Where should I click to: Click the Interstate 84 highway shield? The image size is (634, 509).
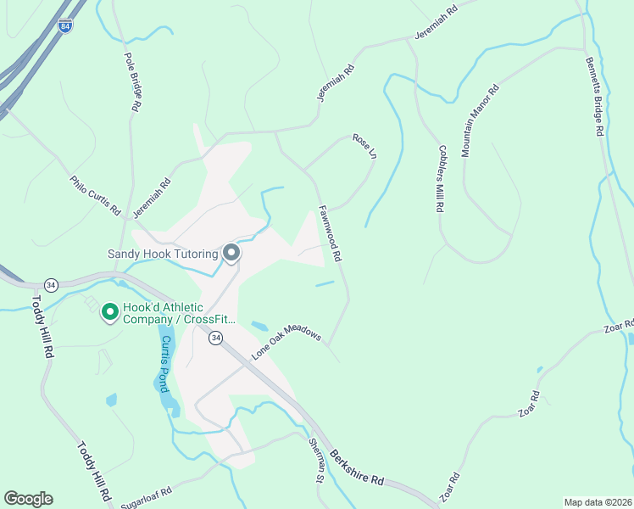click(66, 26)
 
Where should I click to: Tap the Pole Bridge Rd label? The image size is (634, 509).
click(131, 83)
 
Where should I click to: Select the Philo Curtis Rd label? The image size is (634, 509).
click(96, 196)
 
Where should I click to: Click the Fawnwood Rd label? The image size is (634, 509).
click(330, 232)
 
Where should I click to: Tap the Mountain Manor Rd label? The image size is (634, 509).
click(480, 120)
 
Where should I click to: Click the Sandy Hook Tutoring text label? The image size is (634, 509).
click(163, 254)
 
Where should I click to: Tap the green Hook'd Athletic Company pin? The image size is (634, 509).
click(109, 313)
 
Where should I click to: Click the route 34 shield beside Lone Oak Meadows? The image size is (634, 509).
click(216, 338)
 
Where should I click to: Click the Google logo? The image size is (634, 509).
click(28, 498)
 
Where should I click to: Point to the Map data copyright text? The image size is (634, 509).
click(598, 502)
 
